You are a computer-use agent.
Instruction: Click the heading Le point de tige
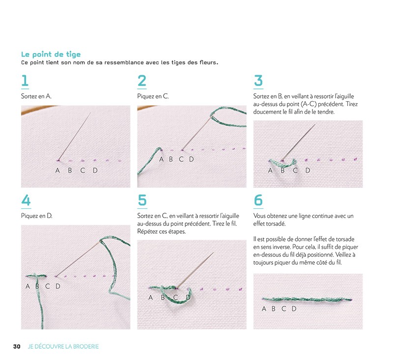(51, 55)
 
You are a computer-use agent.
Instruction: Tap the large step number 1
(25, 81)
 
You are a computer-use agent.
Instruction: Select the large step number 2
(142, 81)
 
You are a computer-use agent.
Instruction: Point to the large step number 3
(258, 81)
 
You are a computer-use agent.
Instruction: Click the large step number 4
(26, 201)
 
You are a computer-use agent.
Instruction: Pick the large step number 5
(142, 201)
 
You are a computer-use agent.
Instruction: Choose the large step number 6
(258, 201)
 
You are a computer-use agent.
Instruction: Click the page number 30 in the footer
(17, 346)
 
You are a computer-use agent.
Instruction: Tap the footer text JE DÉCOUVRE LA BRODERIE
(63, 346)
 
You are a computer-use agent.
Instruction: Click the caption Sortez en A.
(36, 96)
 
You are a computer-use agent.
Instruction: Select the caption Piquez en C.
(153, 96)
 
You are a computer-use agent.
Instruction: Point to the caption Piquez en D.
(37, 216)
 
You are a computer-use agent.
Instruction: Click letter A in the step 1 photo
(57, 170)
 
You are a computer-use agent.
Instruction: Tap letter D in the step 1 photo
(95, 170)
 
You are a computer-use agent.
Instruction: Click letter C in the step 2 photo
(181, 159)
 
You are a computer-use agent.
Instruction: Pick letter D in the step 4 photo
(57, 286)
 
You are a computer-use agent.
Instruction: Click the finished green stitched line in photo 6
(307, 299)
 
